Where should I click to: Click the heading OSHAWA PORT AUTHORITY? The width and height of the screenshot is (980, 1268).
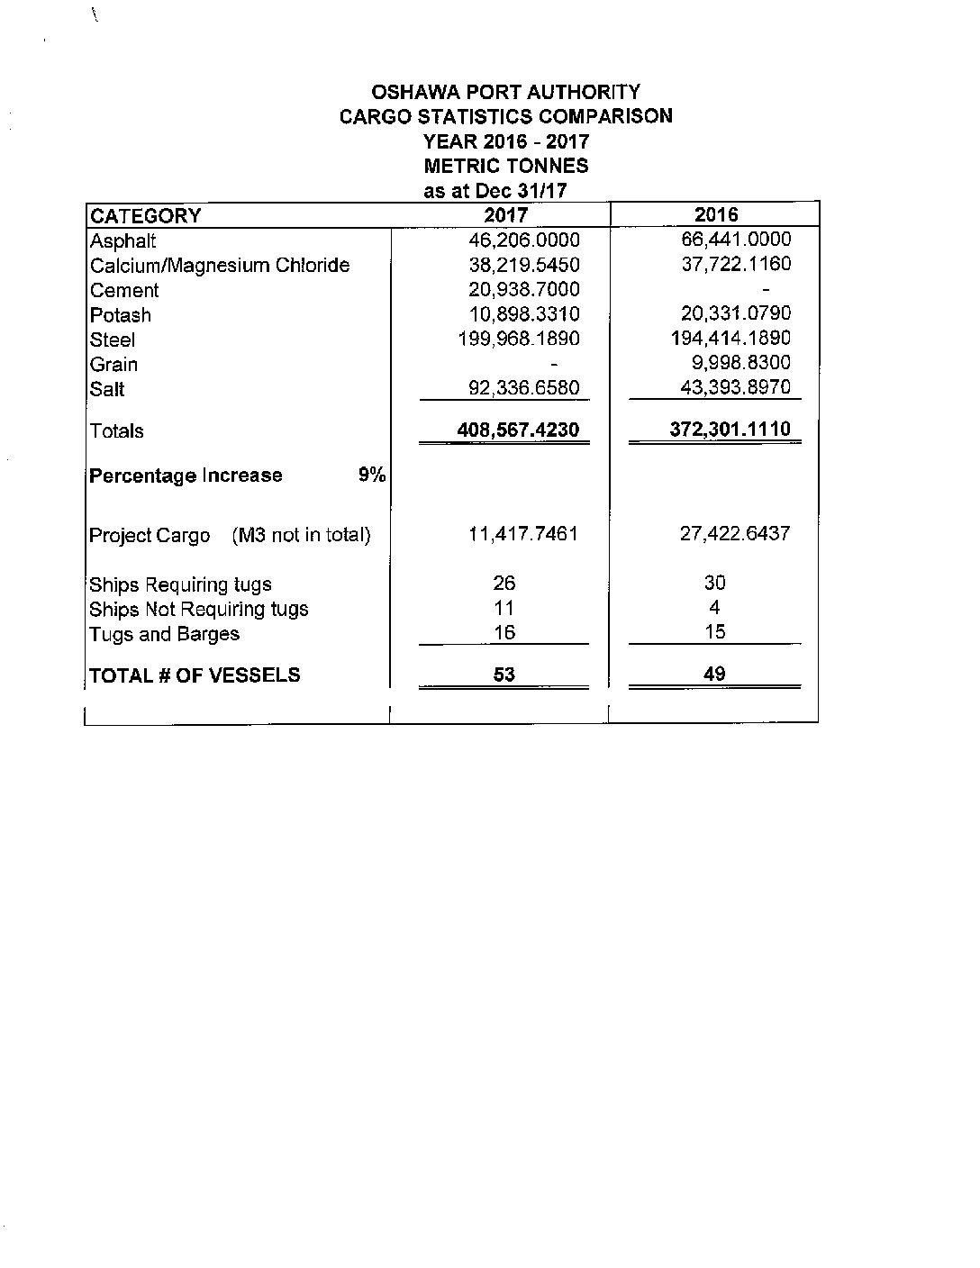click(x=505, y=92)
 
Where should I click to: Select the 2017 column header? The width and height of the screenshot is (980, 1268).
click(x=505, y=214)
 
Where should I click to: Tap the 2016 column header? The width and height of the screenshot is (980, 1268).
click(x=716, y=214)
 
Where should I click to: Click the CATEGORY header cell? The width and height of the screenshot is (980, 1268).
click(x=145, y=216)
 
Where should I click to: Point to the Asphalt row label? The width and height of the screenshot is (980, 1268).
click(x=122, y=241)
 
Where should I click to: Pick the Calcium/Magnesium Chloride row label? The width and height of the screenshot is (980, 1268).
click(x=220, y=266)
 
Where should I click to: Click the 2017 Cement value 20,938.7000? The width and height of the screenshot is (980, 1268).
click(x=524, y=289)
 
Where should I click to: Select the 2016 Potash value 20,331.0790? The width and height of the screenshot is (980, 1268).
click(x=735, y=313)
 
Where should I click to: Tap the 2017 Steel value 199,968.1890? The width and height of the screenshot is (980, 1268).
click(x=519, y=339)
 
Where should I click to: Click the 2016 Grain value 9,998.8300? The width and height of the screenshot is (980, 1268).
click(x=740, y=363)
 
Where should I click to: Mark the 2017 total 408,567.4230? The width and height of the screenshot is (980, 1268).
click(x=518, y=430)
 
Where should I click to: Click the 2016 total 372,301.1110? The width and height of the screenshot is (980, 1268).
click(x=730, y=429)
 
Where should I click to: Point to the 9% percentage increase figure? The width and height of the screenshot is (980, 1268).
click(x=371, y=475)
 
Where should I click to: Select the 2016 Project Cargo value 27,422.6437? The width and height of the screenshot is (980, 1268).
click(x=735, y=533)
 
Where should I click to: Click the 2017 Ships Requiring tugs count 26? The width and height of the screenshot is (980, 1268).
click(x=504, y=584)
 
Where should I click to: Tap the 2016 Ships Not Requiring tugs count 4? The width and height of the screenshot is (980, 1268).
click(x=714, y=608)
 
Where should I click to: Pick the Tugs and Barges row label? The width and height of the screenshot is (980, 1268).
click(x=165, y=634)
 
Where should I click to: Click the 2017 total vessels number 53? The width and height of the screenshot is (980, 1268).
click(x=504, y=675)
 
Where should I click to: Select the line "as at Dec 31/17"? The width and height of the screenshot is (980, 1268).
click(x=495, y=191)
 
